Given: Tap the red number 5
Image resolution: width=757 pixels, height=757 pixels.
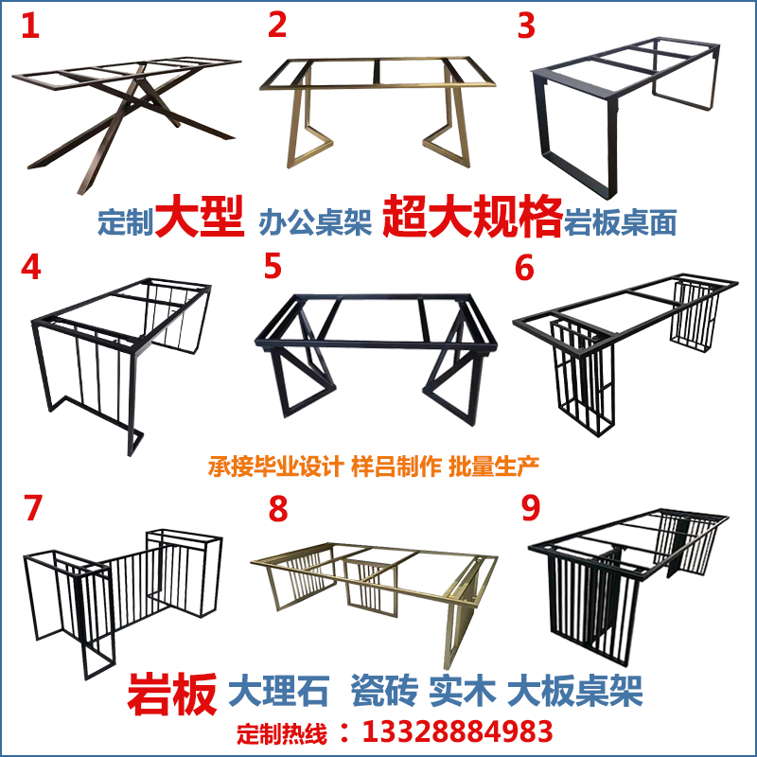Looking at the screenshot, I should tap(273, 267).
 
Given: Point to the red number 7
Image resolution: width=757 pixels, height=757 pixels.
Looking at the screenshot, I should tap(33, 508).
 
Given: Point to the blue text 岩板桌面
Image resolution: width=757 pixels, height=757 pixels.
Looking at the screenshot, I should tap(621, 223).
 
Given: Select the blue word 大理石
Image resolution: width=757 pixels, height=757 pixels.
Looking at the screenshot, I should tap(278, 692).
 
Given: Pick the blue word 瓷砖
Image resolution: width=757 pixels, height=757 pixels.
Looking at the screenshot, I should tap(382, 692).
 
